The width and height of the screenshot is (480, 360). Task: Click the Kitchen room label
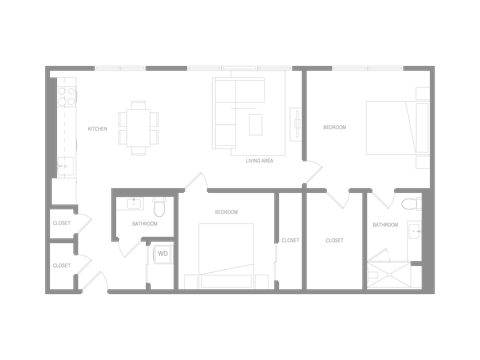tap(97, 129)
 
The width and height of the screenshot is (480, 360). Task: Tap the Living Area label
tap(260, 158)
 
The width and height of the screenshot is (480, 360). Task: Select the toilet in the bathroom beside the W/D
tap(158, 207)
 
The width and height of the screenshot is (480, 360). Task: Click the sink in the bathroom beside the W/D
tap(131, 204)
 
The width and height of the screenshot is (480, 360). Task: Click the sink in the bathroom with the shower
tap(415, 231)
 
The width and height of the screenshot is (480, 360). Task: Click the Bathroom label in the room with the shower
tap(385, 225)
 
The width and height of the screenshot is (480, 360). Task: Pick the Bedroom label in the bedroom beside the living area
tap(333, 129)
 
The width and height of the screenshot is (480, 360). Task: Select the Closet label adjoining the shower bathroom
tap(334, 241)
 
